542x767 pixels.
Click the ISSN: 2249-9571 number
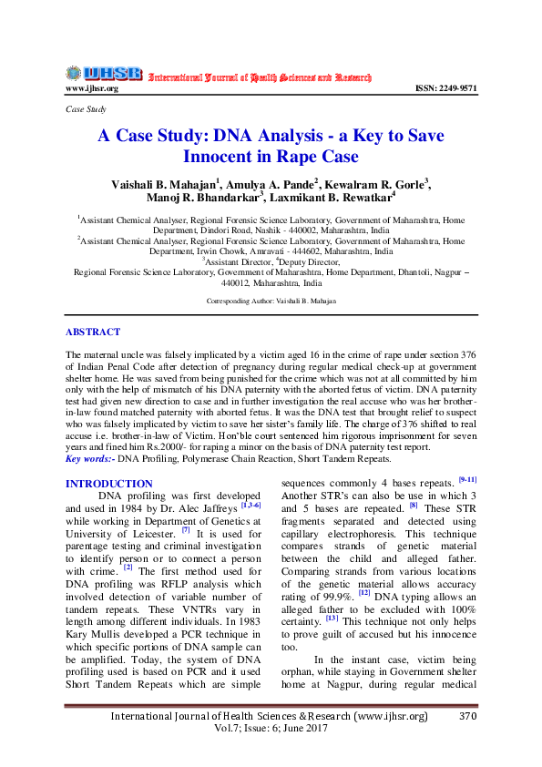(x=445, y=88)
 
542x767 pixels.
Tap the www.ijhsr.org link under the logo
(x=91, y=88)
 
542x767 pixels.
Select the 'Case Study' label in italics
(x=87, y=108)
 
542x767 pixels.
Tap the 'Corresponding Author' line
(x=271, y=301)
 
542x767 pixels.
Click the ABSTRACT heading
(x=93, y=332)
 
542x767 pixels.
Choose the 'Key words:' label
(x=91, y=458)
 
